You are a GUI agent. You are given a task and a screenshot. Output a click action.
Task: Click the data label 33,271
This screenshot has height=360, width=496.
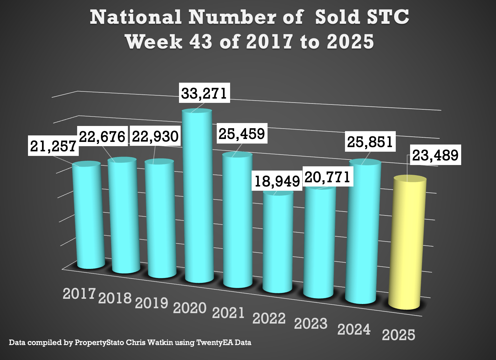pyautogui.click(x=204, y=93)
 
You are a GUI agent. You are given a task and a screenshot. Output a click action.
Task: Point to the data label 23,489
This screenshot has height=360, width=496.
pyautogui.click(x=435, y=155)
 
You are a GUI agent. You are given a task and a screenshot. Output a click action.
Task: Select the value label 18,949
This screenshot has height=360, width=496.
pyautogui.click(x=277, y=181)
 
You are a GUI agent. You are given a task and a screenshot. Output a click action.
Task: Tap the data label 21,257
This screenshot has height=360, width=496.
pyautogui.click(x=53, y=146)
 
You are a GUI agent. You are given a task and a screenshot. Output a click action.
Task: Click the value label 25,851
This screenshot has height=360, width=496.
pyautogui.click(x=370, y=142)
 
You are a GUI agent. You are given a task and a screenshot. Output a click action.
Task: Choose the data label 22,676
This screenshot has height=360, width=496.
pyautogui.click(x=102, y=137)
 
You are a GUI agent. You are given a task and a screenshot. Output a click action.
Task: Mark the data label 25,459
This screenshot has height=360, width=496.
pyautogui.click(x=242, y=133)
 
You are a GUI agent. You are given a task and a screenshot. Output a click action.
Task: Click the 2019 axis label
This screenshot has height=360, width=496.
pyautogui.click(x=151, y=303)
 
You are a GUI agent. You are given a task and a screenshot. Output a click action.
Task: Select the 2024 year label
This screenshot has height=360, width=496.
pyautogui.click(x=354, y=329)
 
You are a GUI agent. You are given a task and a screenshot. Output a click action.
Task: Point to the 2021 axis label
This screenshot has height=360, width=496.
pyautogui.click(x=228, y=313)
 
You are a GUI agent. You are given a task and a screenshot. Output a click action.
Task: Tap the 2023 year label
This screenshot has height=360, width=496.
pyautogui.click(x=310, y=324)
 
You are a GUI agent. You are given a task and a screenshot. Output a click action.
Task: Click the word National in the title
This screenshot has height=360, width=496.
pyautogui.click(x=136, y=17)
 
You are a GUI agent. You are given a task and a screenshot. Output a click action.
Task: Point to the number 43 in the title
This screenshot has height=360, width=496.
pyautogui.click(x=200, y=42)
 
